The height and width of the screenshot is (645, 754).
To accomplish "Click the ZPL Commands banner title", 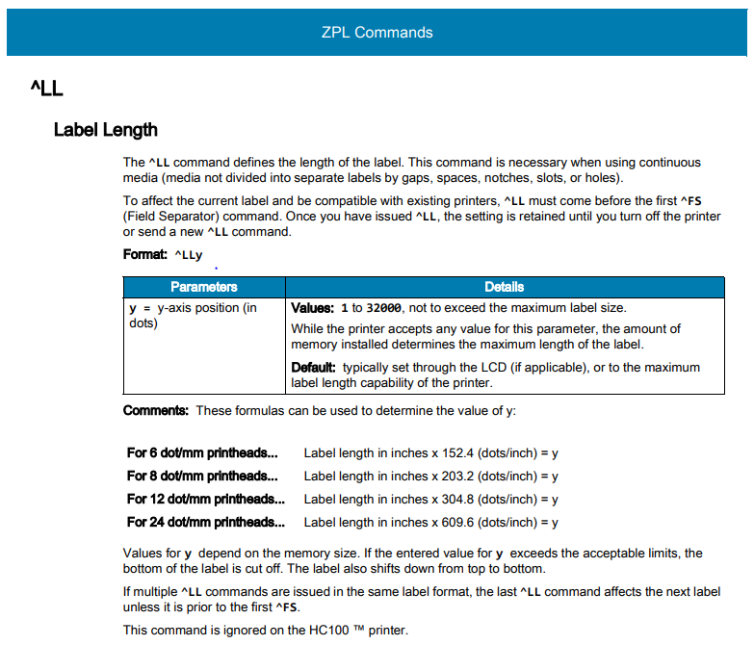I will coord(377,32).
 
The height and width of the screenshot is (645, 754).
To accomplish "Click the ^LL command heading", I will coord(47,90).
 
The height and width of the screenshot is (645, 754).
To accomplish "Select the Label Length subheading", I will coord(106,130).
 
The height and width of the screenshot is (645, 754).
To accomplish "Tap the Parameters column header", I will coord(203,287).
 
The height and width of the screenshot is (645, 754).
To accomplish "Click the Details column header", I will coord(505,287).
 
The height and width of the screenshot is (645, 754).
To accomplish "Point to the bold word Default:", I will coord(314,368).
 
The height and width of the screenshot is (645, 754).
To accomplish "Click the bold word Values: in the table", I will coord(313,308).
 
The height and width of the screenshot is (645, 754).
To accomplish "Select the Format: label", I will coord(145,254).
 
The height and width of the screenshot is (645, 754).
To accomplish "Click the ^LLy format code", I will coord(189,255).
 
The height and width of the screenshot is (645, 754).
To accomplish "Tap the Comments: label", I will coord(156,411).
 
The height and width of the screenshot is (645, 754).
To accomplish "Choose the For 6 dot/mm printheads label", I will coord(202,452).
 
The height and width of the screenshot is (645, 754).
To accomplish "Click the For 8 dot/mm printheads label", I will coord(202,476).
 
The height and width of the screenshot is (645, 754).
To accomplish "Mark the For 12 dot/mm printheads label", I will coord(206,499).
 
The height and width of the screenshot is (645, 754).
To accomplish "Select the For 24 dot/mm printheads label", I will coord(206,522).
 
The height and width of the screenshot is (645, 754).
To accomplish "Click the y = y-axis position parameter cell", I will coord(194,316).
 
